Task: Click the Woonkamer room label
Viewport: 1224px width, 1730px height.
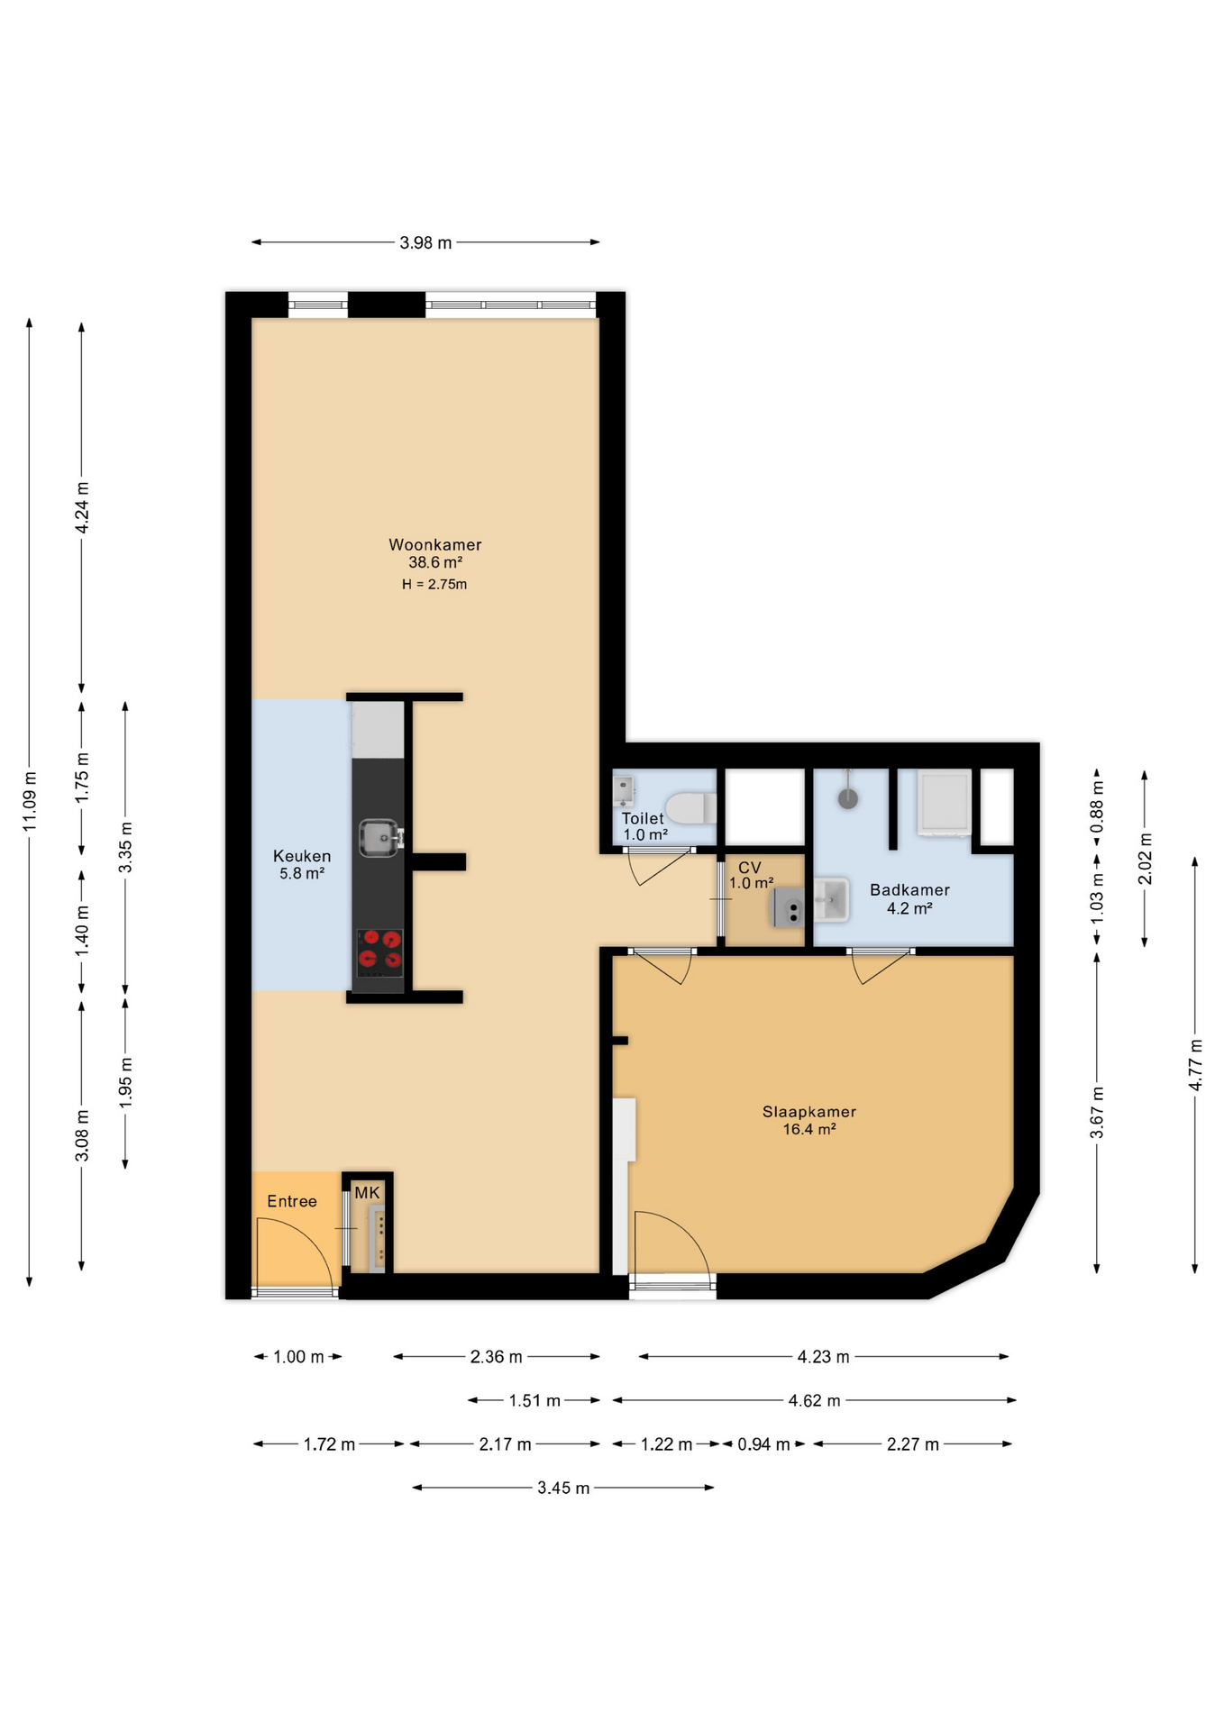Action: [x=435, y=544]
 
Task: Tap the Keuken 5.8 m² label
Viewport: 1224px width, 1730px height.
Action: [x=302, y=864]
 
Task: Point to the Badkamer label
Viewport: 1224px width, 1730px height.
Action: [x=909, y=890]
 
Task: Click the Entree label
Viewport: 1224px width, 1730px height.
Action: [x=292, y=1201]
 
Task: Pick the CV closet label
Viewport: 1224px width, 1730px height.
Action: [x=750, y=868]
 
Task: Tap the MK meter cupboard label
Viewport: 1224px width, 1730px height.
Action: [x=367, y=1193]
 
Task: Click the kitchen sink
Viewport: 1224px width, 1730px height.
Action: [x=380, y=838]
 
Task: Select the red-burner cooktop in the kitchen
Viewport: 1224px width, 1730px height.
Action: [x=379, y=952]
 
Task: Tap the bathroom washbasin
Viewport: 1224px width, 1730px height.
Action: [x=831, y=899]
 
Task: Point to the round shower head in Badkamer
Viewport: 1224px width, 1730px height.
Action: [x=847, y=798]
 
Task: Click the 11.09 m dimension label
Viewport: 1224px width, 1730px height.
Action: [x=30, y=802]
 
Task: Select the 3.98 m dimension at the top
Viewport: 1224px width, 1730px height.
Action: [x=425, y=242]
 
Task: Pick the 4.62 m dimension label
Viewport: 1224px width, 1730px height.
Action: [x=814, y=1400]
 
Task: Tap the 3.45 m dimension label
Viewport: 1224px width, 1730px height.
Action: [x=563, y=1488]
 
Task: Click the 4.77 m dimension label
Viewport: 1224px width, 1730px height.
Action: [x=1195, y=1065]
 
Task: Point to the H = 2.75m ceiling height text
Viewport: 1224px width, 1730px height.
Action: [x=434, y=584]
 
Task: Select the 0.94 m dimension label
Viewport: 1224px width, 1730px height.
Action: [x=763, y=1444]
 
